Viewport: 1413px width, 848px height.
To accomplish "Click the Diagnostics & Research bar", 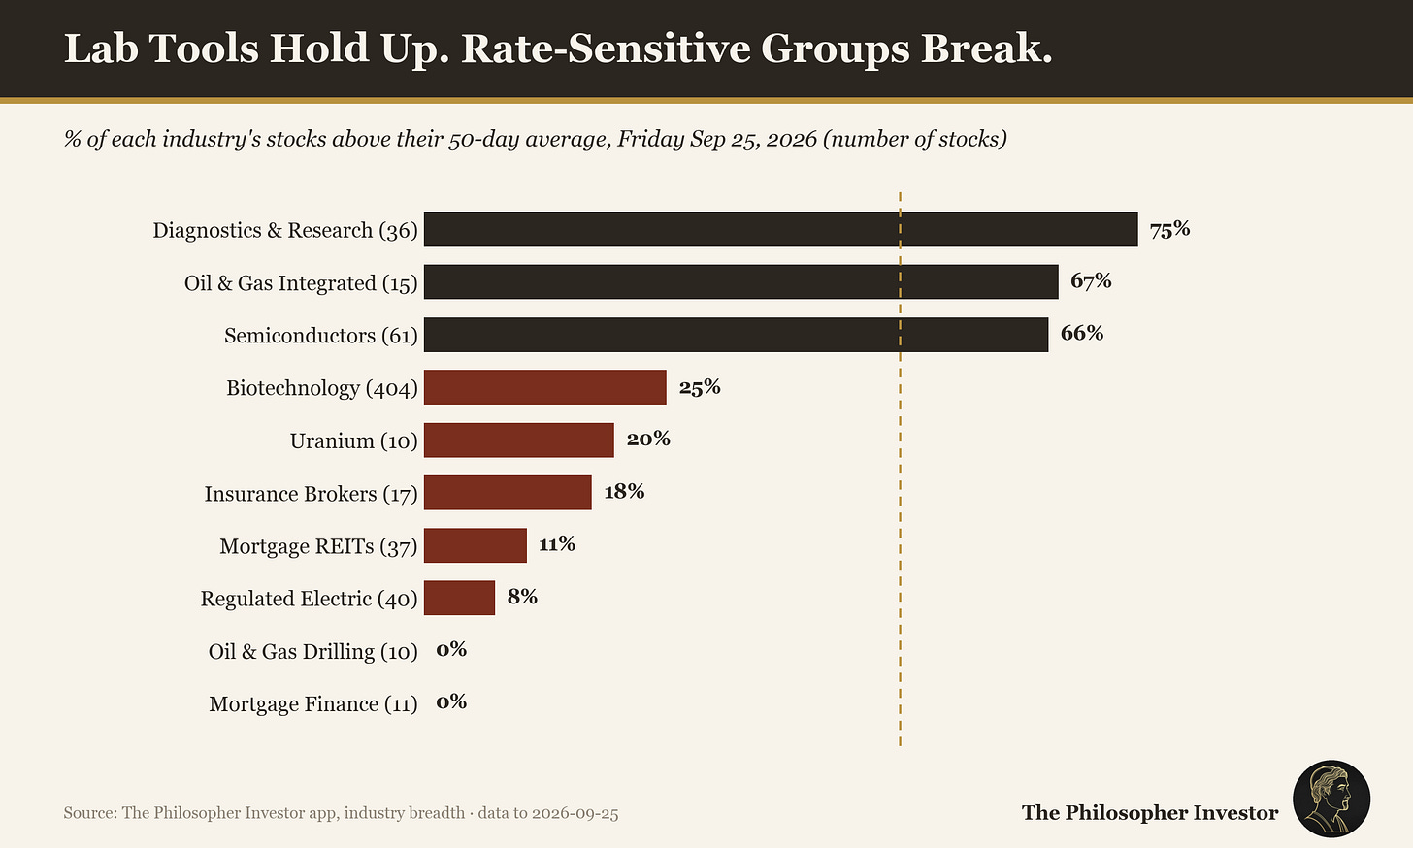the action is click(781, 230).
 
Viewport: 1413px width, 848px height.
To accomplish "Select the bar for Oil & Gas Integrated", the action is click(741, 281).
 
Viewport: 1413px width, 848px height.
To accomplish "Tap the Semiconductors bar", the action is click(737, 335).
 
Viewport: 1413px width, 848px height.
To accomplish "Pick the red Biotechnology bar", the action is click(545, 387).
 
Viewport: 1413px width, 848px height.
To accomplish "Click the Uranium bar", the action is click(518, 440).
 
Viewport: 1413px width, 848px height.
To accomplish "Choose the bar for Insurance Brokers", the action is click(508, 493).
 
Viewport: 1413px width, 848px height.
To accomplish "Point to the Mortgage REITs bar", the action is click(475, 545).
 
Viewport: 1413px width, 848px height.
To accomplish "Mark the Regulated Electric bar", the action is click(459, 598).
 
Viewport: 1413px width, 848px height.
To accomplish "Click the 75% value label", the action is click(1169, 230).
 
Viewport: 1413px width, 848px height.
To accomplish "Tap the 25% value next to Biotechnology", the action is click(700, 387).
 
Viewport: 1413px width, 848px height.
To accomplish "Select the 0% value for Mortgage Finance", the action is click(451, 701).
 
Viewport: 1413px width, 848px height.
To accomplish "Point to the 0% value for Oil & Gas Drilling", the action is click(451, 649).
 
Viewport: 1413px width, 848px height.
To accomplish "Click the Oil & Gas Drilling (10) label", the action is click(312, 651).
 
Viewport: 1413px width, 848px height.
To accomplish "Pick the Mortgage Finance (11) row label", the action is click(313, 703).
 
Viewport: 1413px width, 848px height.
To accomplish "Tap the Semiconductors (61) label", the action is click(321, 336).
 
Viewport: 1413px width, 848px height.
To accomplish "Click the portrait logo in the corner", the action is click(1331, 799).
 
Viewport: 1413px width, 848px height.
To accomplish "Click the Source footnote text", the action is click(341, 813).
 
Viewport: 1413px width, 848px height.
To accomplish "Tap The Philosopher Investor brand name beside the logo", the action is click(1150, 813).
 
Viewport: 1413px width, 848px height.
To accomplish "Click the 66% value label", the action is click(1082, 333).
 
